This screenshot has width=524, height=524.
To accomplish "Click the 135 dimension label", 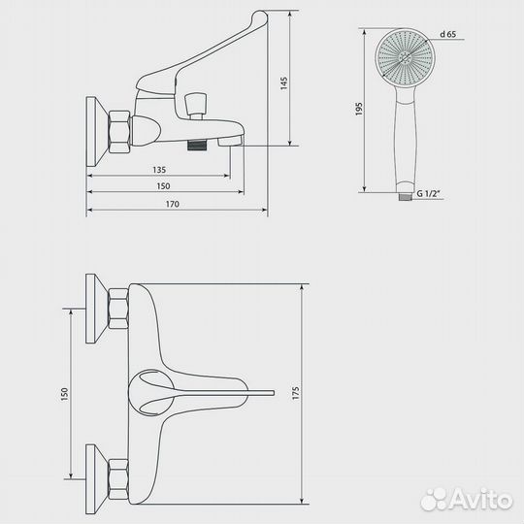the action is tap(159, 170).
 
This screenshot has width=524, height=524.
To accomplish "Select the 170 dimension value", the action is tap(173, 204).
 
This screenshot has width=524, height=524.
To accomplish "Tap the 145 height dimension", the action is tap(283, 83).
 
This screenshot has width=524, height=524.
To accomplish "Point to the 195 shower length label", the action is tap(359, 109).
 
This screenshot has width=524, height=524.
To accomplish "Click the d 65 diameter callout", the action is tap(447, 34).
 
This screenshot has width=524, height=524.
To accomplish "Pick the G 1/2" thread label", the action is tap(429, 193).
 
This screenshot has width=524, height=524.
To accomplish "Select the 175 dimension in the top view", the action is tap(296, 393).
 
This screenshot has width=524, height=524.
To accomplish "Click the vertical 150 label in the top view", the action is tap(64, 394).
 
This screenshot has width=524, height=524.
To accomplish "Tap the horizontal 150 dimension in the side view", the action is tap(163, 186).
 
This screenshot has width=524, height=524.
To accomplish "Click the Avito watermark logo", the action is tap(467, 500).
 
